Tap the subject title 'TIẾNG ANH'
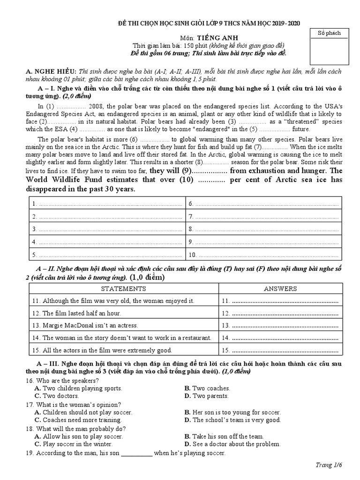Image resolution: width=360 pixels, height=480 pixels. tap(215, 37)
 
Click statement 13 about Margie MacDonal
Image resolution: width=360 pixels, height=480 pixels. tap(85, 325)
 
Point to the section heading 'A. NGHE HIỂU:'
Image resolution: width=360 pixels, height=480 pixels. tap(51, 71)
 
